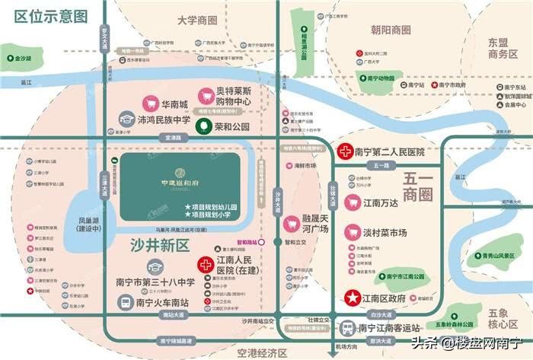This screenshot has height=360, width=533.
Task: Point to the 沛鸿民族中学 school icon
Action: coord(127,119)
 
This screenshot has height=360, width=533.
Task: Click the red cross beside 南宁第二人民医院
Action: coord(345,151)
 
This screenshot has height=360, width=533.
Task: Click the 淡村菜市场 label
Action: coord(397,232)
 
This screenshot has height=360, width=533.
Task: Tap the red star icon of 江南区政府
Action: coord(353,298)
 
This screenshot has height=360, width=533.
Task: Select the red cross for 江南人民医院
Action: coord(205,265)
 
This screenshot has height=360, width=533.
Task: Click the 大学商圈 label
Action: coord(196,20)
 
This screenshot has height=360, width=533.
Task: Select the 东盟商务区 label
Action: coord(503,47)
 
